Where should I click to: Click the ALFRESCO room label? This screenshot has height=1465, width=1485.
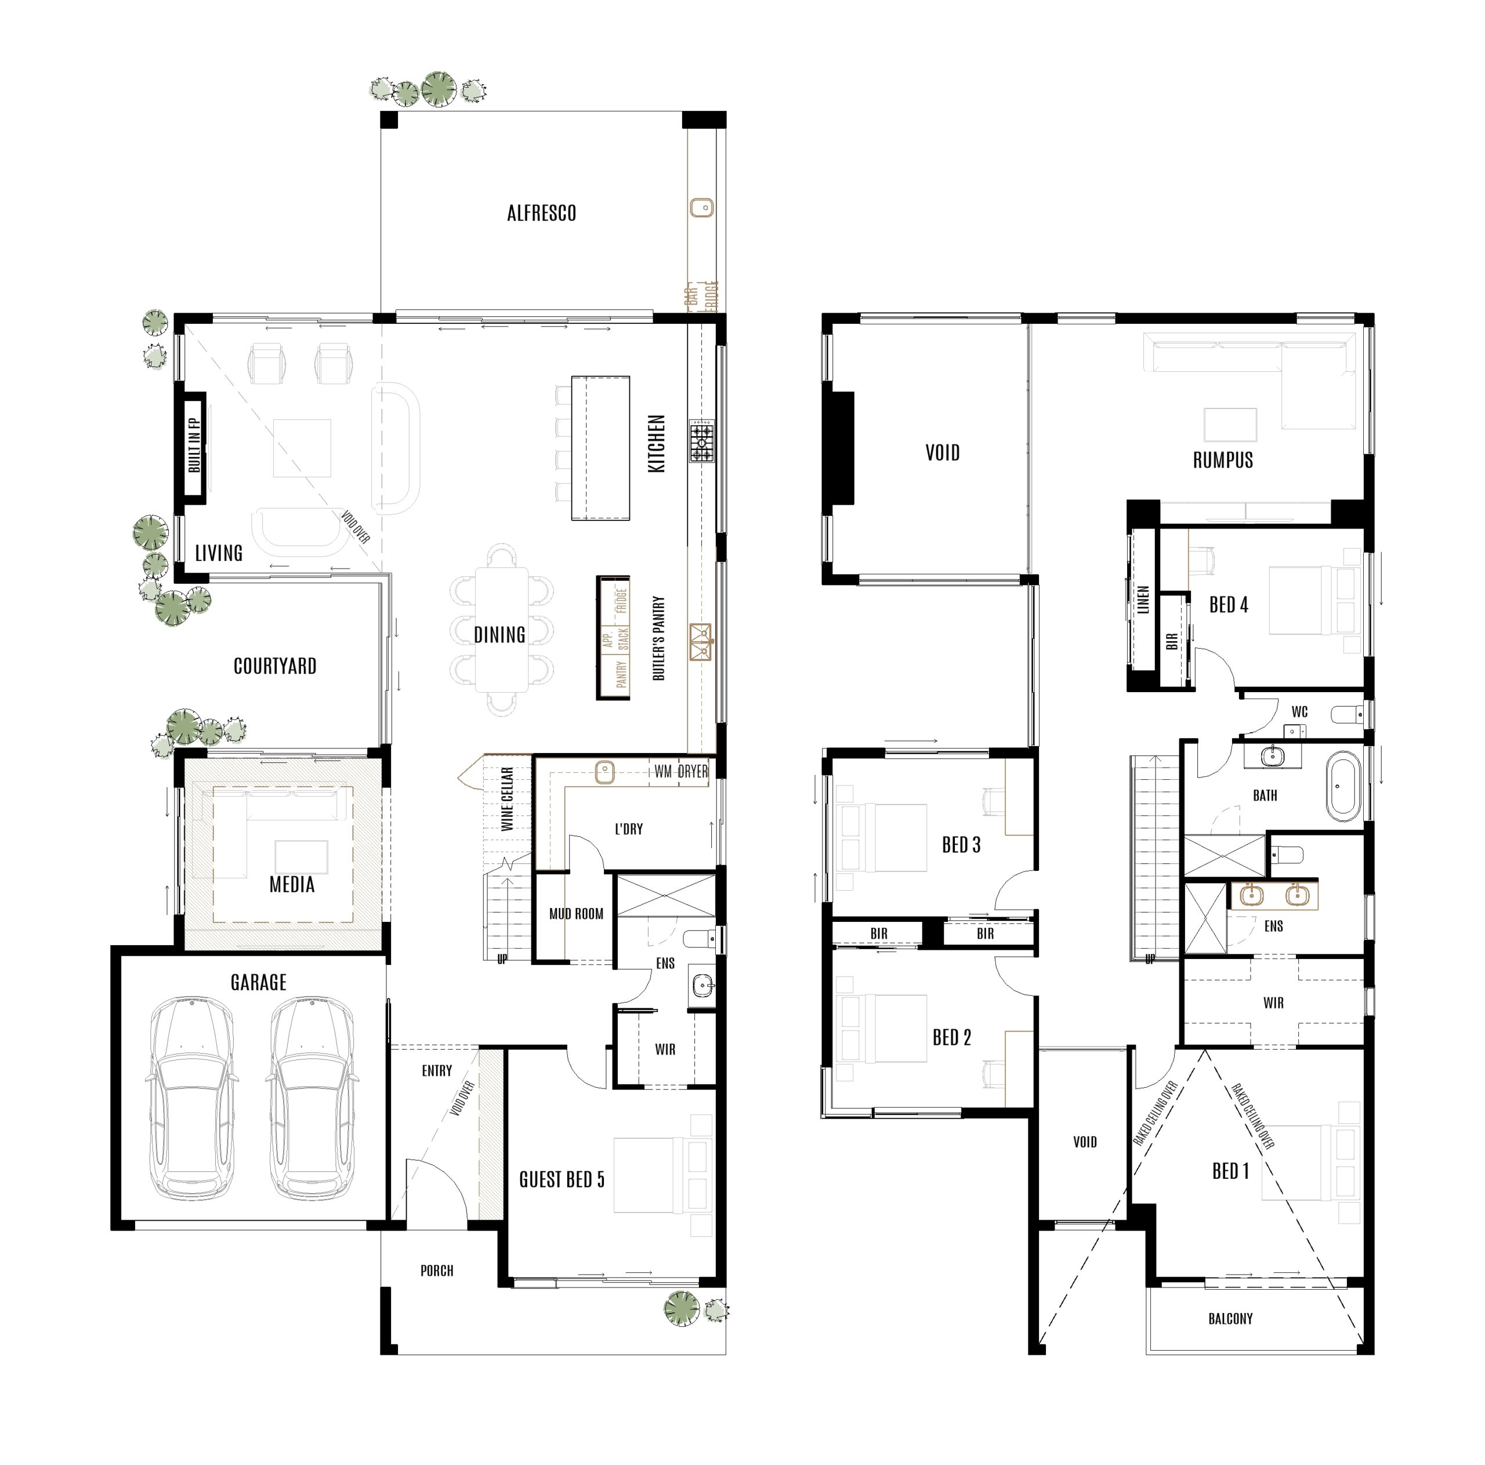tap(541, 214)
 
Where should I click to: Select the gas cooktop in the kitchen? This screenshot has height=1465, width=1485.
tap(701, 441)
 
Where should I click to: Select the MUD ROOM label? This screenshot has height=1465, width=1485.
tap(575, 914)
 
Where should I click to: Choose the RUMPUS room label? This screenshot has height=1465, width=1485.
tap(1223, 461)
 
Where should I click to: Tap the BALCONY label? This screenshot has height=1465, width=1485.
tap(1230, 1319)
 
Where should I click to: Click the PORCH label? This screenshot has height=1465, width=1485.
tap(437, 1271)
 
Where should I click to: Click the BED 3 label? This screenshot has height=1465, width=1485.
tap(961, 845)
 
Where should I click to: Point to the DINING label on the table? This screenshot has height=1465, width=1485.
tap(499, 635)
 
